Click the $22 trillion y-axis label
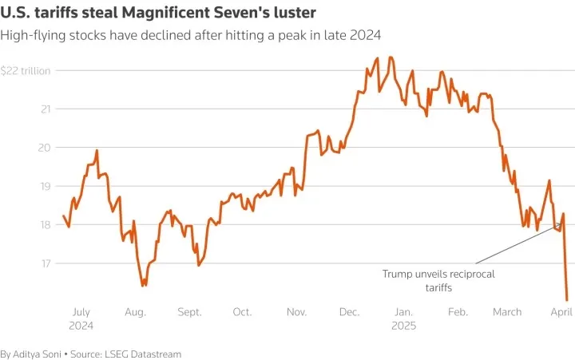click(26, 71)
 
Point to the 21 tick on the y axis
click(46, 109)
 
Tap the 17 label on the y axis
click(46, 263)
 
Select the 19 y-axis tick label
click(45, 186)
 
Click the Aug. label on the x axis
click(135, 312)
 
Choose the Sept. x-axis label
click(189, 312)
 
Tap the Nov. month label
click(296, 312)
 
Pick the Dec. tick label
click(350, 312)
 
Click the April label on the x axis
click(561, 312)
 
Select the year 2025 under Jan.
click(404, 326)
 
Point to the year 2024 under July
click(81, 326)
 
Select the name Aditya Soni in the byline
click(37, 354)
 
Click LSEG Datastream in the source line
click(143, 354)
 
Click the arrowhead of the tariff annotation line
click(561, 224)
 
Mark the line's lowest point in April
click(567, 301)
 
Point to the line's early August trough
click(143, 285)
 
